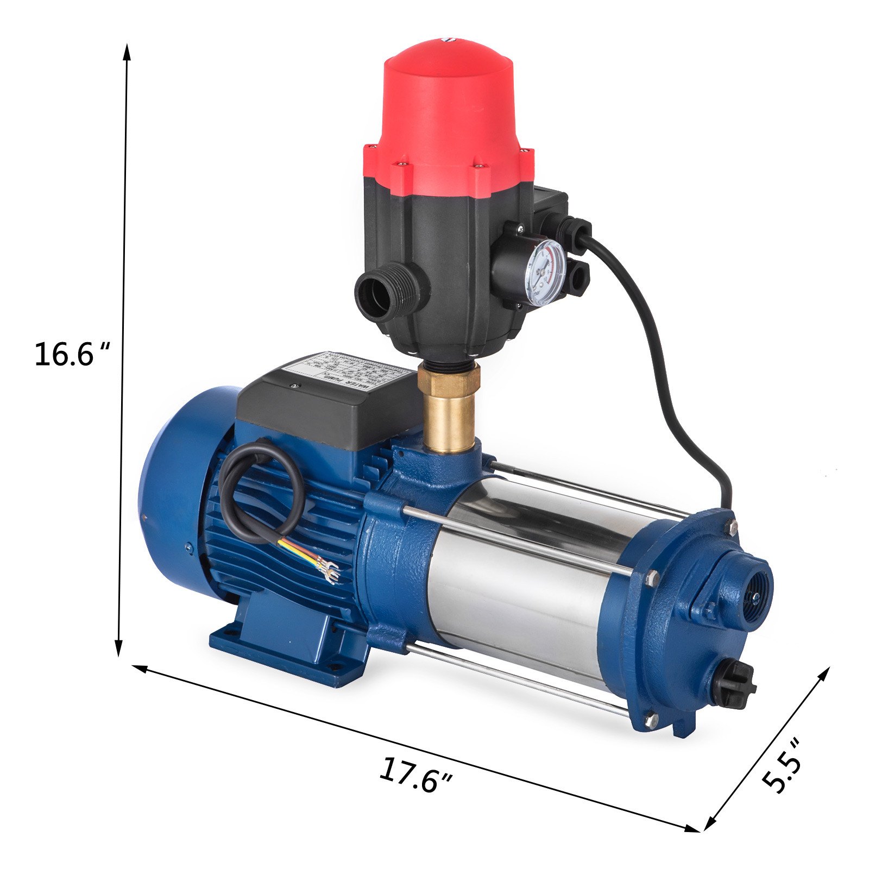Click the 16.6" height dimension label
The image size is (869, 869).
coord(71,354)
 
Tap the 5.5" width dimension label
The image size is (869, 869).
coord(781,766)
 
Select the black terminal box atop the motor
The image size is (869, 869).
coord(326,402)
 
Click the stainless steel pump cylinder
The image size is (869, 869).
coord(521,587)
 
